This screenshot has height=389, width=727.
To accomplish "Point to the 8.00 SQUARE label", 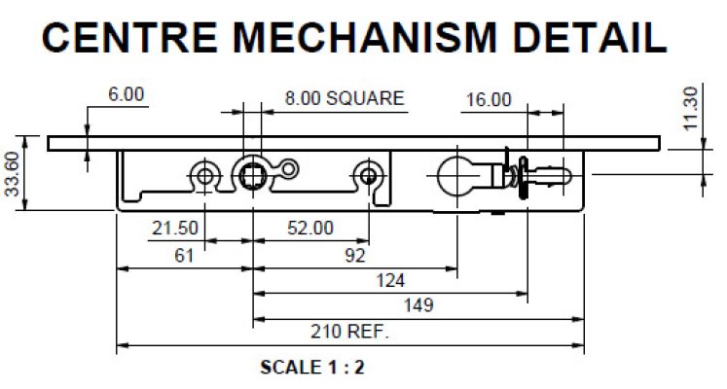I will (344, 98).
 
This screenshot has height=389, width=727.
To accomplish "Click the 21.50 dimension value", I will (175, 229).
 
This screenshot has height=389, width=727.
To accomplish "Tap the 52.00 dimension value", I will (311, 229).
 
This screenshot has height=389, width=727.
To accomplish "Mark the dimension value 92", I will (354, 256).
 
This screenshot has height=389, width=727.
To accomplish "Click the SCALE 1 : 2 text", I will (312, 369).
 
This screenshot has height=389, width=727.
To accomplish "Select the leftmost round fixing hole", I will (204, 174).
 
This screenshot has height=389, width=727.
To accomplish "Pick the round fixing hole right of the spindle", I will (368, 174).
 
